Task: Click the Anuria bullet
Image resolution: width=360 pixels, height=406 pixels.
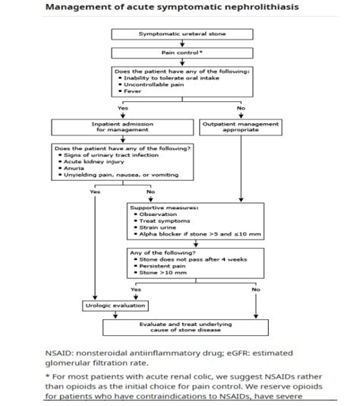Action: click(78, 169)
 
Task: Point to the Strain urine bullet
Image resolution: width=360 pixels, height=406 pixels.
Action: click(160, 227)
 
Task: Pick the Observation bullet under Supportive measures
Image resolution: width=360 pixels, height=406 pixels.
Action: click(159, 214)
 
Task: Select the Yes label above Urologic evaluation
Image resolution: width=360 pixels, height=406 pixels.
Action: click(137, 290)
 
